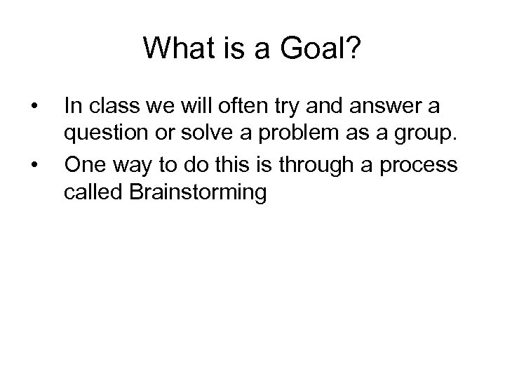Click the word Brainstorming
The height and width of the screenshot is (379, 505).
pos(196,193)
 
